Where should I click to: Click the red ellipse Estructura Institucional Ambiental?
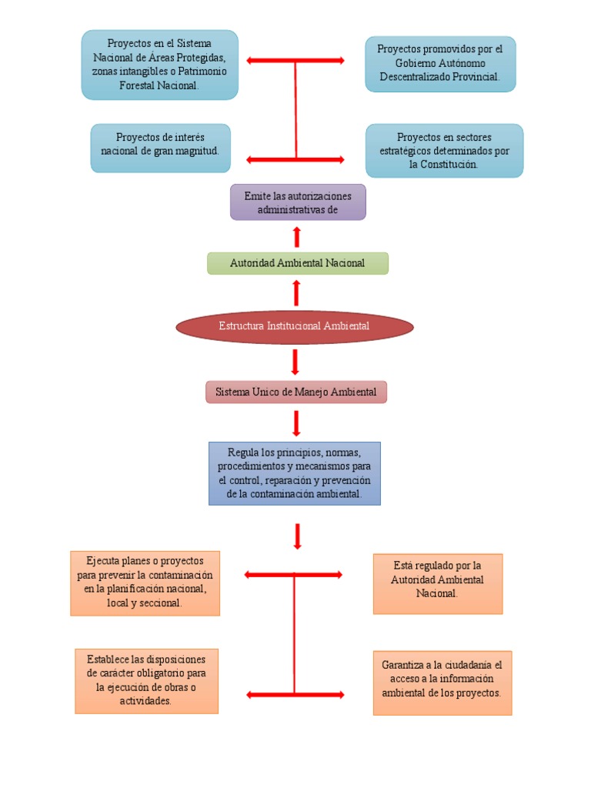pyautogui.click(x=295, y=326)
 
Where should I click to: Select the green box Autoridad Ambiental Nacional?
pyautogui.click(x=297, y=263)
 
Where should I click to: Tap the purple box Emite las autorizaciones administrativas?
pyautogui.click(x=297, y=202)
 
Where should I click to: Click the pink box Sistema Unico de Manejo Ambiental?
pyautogui.click(x=295, y=392)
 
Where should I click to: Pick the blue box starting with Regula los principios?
pyautogui.click(x=294, y=472)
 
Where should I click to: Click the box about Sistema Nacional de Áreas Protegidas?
pyautogui.click(x=159, y=65)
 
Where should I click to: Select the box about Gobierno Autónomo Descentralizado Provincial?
pyautogui.click(x=439, y=64)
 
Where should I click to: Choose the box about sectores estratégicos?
pyautogui.click(x=444, y=150)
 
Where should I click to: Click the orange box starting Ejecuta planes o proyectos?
pyautogui.click(x=145, y=583)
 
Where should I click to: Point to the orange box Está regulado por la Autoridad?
pyautogui.click(x=437, y=583)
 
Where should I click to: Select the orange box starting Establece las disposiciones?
pyautogui.click(x=146, y=680)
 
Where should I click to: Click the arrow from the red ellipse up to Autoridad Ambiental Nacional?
pyautogui.click(x=296, y=293)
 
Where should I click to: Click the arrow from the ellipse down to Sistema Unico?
pyautogui.click(x=295, y=361)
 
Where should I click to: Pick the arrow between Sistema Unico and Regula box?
pyautogui.click(x=296, y=422)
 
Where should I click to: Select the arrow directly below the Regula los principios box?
pyautogui.click(x=297, y=536)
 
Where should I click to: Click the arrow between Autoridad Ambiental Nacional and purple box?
pyautogui.click(x=297, y=236)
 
